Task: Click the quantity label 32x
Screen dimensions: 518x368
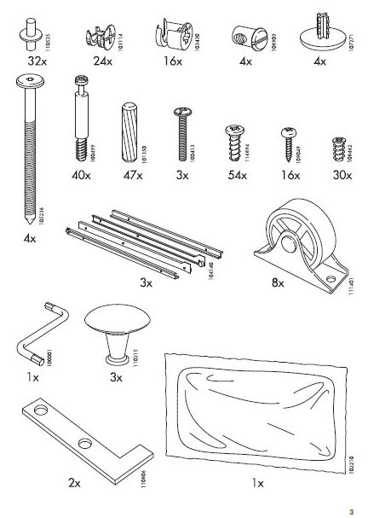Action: click(37, 63)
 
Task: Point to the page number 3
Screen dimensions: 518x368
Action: click(350, 509)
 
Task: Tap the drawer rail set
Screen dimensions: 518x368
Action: click(150, 242)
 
